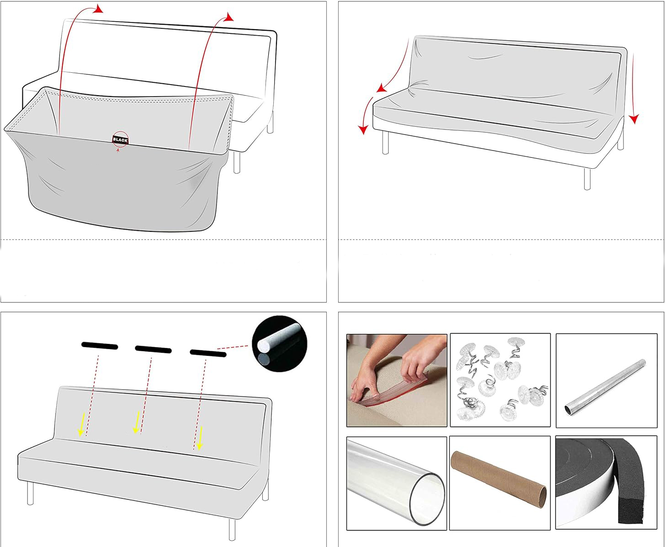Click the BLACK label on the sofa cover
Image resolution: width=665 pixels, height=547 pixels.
[120, 140]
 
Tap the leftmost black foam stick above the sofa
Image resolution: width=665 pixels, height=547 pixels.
[100, 346]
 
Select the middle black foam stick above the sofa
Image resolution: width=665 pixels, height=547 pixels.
[153, 349]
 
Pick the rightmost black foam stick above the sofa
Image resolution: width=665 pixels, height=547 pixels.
[208, 353]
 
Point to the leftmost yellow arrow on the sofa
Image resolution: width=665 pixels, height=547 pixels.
[81, 424]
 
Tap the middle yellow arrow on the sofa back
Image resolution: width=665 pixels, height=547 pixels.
[137, 422]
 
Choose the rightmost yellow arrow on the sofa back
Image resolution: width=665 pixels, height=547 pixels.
[200, 438]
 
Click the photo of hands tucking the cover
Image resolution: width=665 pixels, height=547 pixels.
[397, 381]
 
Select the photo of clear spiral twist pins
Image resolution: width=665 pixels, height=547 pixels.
[500, 380]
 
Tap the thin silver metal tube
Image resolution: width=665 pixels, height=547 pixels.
[605, 387]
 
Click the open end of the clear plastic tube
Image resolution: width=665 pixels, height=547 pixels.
[428, 499]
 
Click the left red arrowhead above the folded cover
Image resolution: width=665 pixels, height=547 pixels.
[99, 9]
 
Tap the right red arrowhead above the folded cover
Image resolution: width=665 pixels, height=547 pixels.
[229, 17]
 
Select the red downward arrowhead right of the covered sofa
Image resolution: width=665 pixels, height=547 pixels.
[634, 119]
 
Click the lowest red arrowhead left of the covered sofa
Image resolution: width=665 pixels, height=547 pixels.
[363, 129]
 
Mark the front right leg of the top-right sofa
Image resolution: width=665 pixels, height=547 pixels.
[587, 178]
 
